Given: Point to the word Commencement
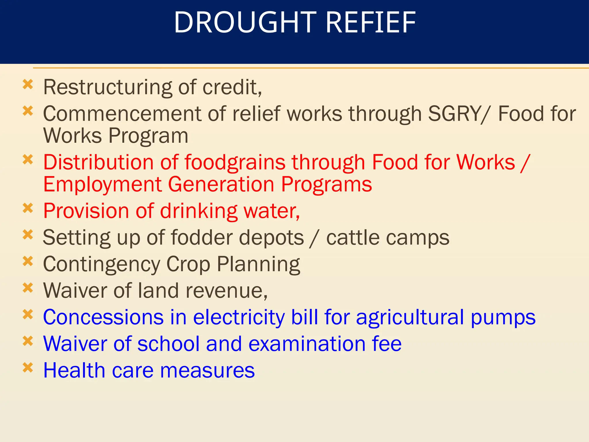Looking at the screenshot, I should click(122, 114).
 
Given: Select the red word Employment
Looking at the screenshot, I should click(102, 185).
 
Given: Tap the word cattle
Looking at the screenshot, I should click(353, 238).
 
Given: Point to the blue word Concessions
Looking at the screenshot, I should click(103, 317).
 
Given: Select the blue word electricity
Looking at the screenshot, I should click(238, 317).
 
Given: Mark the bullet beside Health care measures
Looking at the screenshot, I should click(28, 367).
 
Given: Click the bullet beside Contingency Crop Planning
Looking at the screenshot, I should click(28, 261).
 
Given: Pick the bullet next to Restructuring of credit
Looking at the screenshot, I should click(28, 84).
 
